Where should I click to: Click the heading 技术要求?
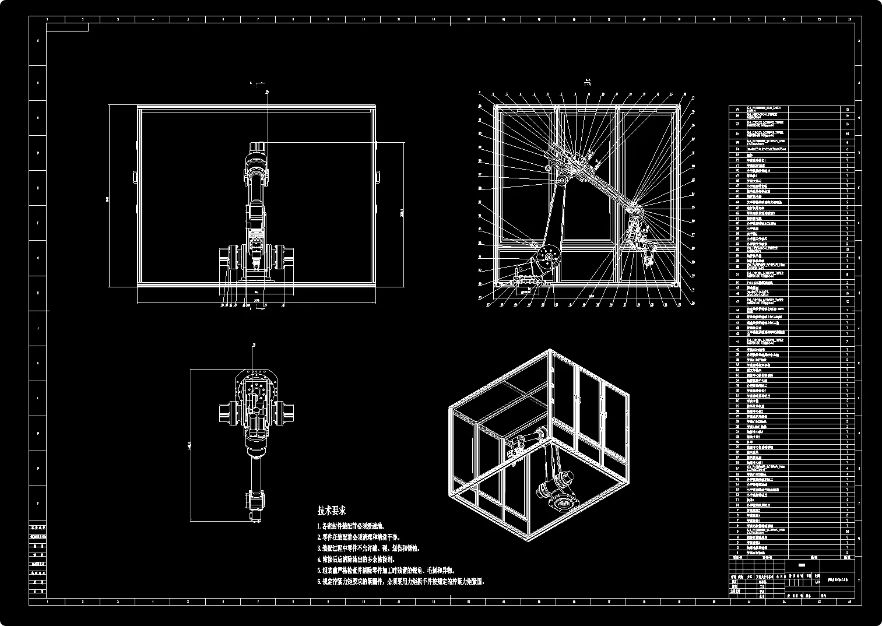[332, 511]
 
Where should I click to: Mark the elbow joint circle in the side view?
[560, 182]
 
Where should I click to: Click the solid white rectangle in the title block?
[802, 565]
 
